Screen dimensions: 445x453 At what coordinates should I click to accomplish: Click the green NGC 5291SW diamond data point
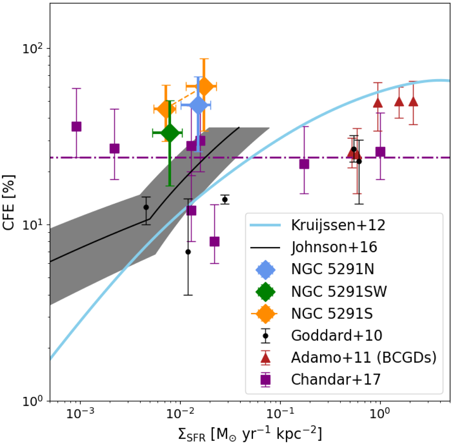(x=170, y=133)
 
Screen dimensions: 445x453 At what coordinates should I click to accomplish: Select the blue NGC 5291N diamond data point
(x=198, y=105)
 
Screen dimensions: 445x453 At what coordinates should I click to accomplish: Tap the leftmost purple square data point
(x=77, y=127)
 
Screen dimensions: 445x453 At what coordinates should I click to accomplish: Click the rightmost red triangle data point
(x=413, y=102)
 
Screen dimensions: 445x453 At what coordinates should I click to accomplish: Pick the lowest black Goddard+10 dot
(x=188, y=252)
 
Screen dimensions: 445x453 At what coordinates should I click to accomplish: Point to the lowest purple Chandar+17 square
(x=214, y=242)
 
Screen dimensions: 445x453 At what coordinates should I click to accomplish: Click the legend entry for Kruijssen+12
(x=338, y=225)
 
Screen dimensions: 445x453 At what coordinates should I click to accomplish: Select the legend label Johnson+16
(x=334, y=247)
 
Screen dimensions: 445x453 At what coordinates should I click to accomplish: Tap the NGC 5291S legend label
(x=332, y=313)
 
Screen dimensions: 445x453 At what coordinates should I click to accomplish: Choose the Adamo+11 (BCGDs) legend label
(x=364, y=357)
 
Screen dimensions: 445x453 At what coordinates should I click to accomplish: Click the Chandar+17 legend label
(x=336, y=379)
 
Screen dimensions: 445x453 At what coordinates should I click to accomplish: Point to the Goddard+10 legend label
(x=336, y=335)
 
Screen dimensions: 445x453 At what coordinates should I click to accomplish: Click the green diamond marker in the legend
(x=266, y=291)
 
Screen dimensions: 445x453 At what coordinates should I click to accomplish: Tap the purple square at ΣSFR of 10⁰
(x=380, y=152)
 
